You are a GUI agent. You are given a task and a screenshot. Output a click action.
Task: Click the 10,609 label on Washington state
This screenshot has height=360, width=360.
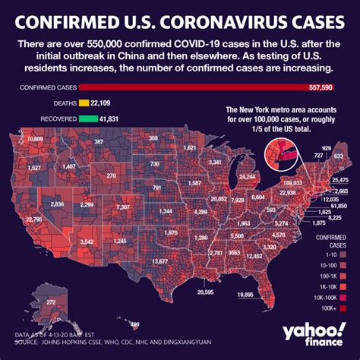pos(34,140)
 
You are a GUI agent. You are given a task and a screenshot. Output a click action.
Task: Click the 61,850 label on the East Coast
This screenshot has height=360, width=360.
pos(339,206)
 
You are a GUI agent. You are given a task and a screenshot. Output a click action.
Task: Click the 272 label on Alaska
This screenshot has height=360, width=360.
pos(51,302)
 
